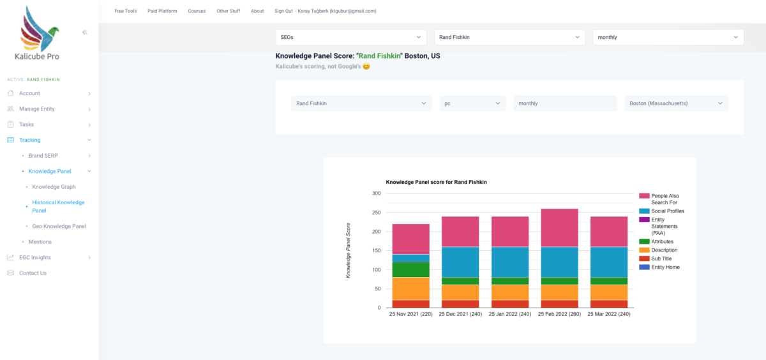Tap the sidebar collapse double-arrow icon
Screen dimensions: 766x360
coord(85,33)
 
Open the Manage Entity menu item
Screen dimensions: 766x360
coord(37,109)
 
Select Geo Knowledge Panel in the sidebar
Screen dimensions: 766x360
coord(59,226)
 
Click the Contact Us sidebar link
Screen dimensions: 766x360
coord(33,273)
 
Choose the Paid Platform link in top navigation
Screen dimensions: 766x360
coord(162,11)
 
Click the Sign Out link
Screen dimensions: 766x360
coord(283,11)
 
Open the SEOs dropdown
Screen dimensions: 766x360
coord(351,37)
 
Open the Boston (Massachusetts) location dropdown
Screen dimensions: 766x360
coord(676,103)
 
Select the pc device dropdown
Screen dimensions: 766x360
coord(472,103)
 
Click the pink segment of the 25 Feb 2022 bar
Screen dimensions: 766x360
coord(559,228)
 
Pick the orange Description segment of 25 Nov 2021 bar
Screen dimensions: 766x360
coord(410,289)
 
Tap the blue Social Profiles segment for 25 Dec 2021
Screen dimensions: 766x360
coord(460,262)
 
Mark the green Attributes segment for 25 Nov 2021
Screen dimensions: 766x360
coord(410,270)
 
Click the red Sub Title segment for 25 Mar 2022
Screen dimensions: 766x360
coord(609,304)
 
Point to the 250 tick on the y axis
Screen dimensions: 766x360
coord(376,213)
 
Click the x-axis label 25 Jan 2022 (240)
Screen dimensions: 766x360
coord(510,314)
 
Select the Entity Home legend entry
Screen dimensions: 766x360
coord(659,267)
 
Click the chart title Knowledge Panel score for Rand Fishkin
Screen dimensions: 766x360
coord(437,182)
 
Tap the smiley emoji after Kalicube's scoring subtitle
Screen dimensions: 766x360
coord(366,66)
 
